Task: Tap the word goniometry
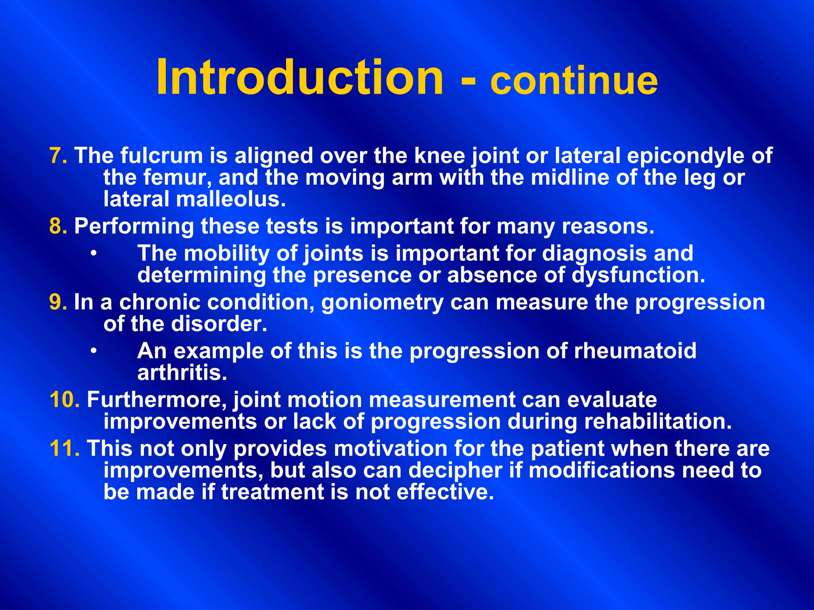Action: click(382, 303)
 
